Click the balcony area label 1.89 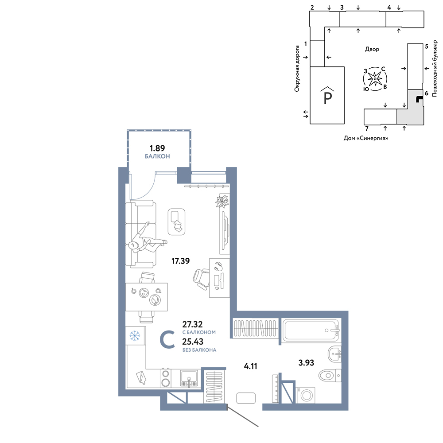[157, 148]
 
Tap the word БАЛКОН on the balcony [157, 156]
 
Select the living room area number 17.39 [181, 261]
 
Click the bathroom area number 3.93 [306, 362]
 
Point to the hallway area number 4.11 [251, 366]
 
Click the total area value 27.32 [192, 324]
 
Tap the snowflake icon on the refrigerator [135, 336]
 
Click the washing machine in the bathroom [305, 395]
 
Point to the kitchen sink [189, 378]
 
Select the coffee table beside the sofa [177, 222]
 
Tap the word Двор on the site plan [372, 49]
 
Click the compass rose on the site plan [375, 79]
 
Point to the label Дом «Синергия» [366, 138]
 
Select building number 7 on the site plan [367, 129]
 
